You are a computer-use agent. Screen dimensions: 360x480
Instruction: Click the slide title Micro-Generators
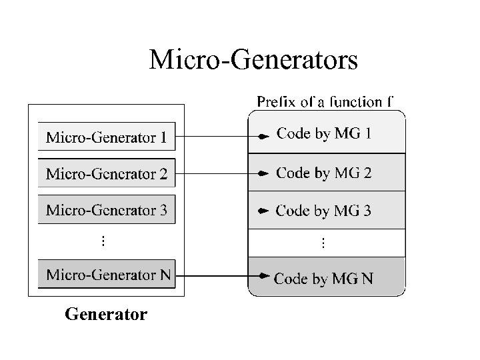coord(253,59)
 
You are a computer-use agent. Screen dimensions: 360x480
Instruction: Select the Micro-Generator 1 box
coord(107,138)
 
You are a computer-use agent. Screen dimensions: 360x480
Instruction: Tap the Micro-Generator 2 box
coord(107,174)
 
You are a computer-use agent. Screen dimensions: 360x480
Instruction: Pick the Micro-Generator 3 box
coord(107,210)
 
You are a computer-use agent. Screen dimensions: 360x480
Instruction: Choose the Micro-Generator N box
coord(107,274)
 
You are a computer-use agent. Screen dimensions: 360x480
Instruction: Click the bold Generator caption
coord(106,313)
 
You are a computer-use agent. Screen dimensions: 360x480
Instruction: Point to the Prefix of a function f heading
coord(325,102)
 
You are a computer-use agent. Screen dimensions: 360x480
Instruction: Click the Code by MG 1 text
coord(324,133)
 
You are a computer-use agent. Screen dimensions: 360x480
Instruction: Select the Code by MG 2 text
coord(324,173)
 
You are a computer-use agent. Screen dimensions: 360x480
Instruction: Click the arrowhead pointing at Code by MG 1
coord(264,136)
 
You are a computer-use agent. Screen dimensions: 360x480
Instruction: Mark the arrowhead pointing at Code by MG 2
coord(264,173)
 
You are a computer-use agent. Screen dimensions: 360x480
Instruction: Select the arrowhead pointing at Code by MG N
coord(265,275)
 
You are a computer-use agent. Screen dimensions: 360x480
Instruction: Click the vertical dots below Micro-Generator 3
coord(103,241)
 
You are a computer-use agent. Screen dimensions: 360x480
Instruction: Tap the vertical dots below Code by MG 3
coord(324,243)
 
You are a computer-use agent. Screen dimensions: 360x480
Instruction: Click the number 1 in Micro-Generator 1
coord(163,138)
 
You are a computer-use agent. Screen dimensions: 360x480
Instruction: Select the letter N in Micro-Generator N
coord(165,274)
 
